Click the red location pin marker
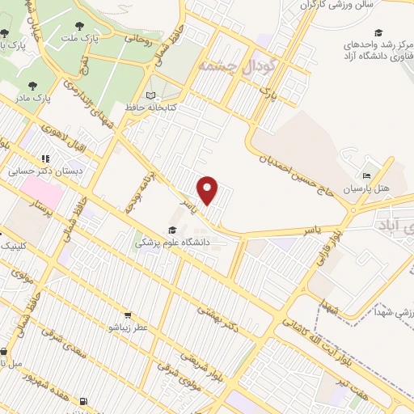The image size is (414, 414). (209, 190)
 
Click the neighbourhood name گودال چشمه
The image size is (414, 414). (237, 65)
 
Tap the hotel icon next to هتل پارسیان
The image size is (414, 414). (367, 176)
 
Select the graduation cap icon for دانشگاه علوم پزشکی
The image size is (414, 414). (171, 230)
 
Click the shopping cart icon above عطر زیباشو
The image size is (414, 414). (128, 315)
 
